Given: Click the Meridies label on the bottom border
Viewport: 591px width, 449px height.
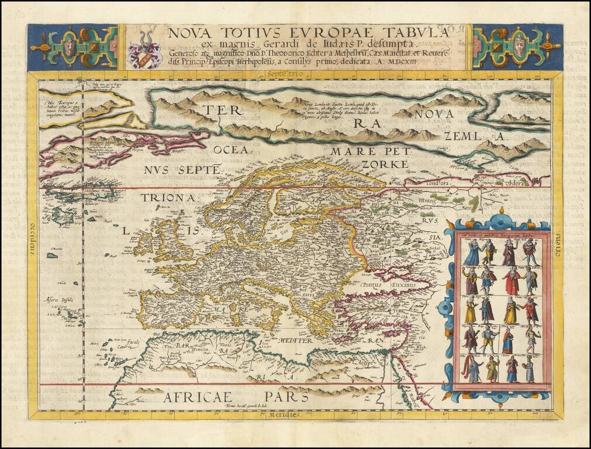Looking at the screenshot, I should (285, 414).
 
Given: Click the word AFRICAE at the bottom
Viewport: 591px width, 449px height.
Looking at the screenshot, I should (198, 398).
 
